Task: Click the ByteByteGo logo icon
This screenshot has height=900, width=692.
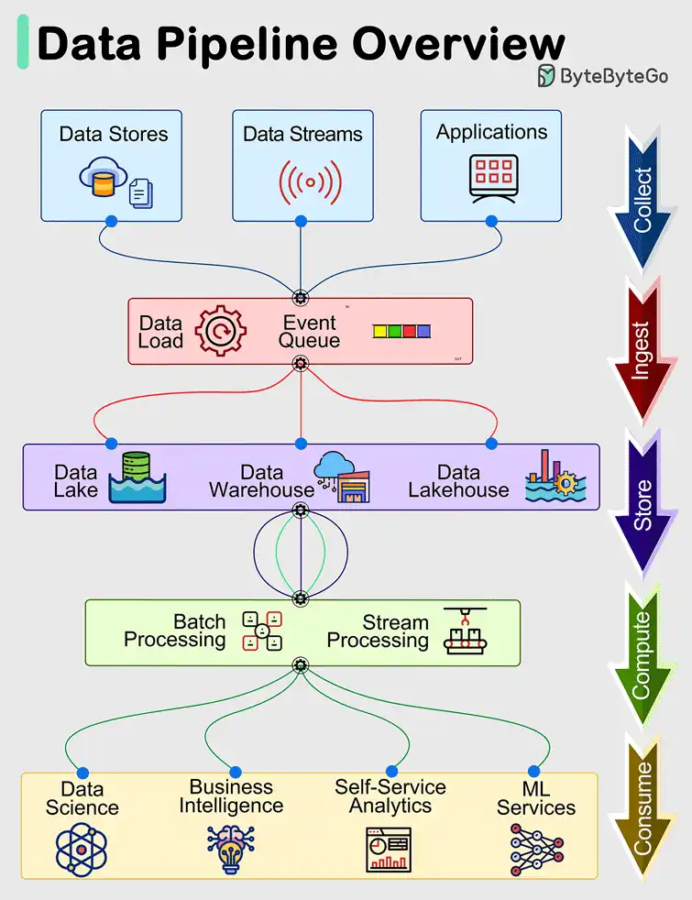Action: (547, 75)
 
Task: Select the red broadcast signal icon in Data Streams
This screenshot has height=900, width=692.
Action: (310, 181)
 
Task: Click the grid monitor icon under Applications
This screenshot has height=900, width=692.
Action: (491, 174)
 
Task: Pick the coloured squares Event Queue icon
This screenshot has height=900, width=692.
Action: (401, 332)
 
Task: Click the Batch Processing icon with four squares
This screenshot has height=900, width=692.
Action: (261, 631)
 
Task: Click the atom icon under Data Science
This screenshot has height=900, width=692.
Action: (82, 850)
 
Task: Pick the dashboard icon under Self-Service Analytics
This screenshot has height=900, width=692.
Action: (389, 850)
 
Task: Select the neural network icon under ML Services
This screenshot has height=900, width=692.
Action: (536, 850)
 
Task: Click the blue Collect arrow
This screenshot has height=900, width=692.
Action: (644, 197)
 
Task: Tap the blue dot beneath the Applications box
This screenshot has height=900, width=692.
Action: (491, 221)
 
